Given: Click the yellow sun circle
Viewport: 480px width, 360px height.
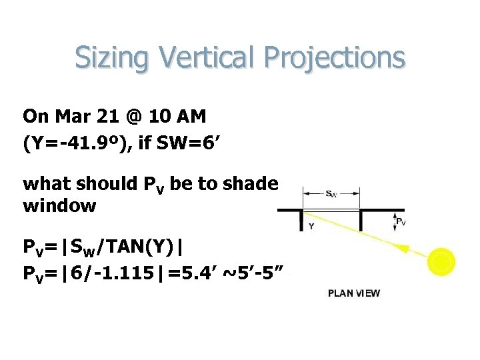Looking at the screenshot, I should coord(441,261).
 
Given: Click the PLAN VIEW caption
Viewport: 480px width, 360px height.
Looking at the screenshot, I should coord(353,293).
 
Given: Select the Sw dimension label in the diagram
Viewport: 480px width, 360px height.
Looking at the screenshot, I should coord(331,194).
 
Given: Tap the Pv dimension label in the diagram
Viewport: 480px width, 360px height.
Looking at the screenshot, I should coord(401,221).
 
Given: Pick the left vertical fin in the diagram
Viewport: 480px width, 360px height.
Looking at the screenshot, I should coord(302,220).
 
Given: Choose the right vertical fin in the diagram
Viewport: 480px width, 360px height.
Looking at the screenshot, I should coord(360,220).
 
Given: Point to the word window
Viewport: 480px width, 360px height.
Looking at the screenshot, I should coord(59,206).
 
